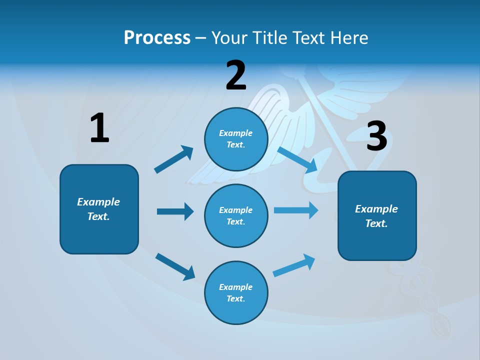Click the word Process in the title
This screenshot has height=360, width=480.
tap(157, 37)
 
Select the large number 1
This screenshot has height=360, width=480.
tap(99, 128)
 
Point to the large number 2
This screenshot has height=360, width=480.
tap(236, 76)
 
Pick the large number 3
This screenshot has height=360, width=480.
tap(376, 136)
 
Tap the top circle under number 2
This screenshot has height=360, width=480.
tap(236, 139)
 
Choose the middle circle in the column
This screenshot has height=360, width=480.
tap(236, 215)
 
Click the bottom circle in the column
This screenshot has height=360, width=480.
tap(236, 292)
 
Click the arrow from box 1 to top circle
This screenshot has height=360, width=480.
tap(174, 159)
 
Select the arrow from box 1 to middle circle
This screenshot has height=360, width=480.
tap(175, 211)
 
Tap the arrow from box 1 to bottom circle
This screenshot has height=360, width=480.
tap(175, 266)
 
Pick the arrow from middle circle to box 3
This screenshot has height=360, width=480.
tap(296, 210)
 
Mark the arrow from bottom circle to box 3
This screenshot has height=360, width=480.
tap(294, 265)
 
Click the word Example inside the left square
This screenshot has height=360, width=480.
tap(98, 202)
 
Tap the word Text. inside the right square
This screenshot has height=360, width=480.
tap(376, 223)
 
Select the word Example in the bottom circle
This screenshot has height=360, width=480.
tap(235, 287)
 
